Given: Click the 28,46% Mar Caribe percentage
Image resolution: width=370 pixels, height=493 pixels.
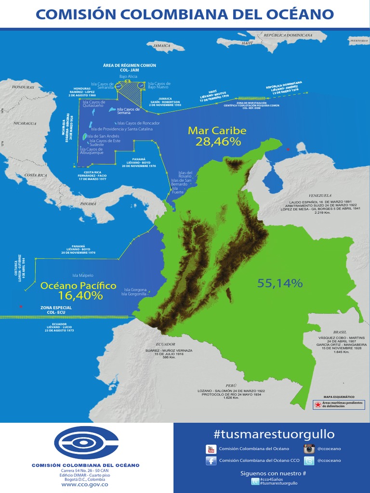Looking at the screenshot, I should pos(218,142).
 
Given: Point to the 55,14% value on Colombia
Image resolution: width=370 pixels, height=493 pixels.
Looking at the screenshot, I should pos(279,283).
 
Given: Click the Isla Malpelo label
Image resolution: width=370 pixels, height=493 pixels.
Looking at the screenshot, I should pos(83,275).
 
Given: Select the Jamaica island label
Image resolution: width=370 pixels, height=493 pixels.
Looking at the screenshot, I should pos(162,45).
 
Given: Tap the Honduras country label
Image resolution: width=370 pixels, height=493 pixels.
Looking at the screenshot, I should pos(23,88).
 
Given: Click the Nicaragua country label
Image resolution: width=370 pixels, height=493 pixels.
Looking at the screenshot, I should pos(25,123).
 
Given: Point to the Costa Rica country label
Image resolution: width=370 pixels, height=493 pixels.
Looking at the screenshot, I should pos(35,175).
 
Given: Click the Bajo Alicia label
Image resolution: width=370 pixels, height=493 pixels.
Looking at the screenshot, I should pos(128,77).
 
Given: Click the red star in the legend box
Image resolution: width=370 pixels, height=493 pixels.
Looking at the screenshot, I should pos(317,404).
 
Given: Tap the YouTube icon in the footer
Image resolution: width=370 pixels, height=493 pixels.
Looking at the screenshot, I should pos(211,449).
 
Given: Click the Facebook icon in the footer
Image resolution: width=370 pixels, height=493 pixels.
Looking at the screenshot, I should pos(211,461).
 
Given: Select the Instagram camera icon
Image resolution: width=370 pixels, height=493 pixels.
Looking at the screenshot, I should pos(309,449).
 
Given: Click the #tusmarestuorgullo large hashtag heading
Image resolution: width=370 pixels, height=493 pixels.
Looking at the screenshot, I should pos(274,434).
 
